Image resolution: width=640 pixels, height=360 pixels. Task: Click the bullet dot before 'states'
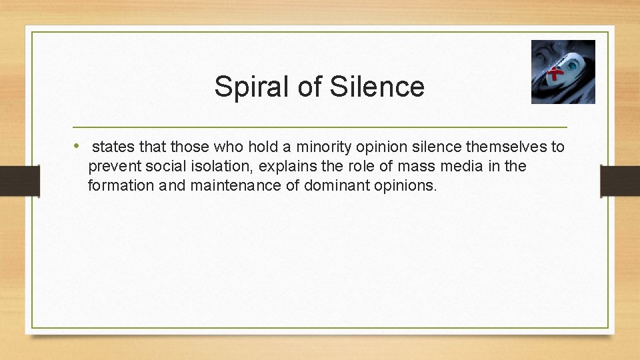tap(77, 145)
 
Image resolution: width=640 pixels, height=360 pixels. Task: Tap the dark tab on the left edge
tap(19, 181)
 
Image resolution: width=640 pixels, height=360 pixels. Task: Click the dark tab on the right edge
tap(620, 181)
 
